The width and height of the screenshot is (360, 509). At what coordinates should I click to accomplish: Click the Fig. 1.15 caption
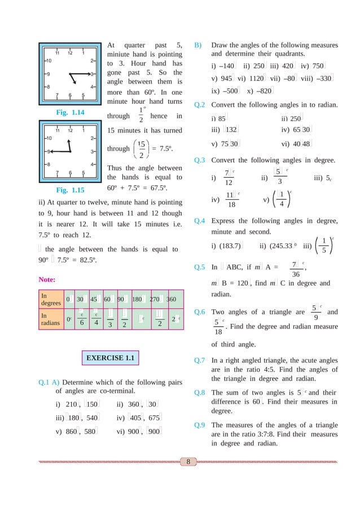pos(71,190)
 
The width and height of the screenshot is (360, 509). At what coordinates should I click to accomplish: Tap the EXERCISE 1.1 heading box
pos(111,357)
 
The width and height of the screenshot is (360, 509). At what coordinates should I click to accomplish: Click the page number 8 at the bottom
pos(187,463)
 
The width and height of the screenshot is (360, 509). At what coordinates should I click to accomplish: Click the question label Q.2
pos(199,105)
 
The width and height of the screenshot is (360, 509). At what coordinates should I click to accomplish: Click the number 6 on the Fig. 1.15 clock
pos(70,173)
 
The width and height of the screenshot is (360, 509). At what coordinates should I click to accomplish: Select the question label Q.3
pos(199,160)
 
